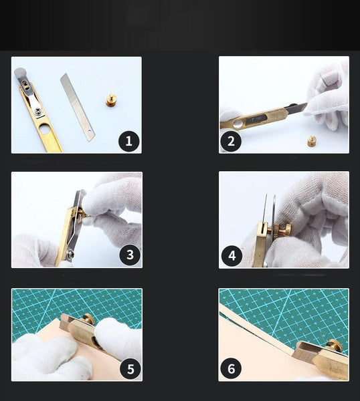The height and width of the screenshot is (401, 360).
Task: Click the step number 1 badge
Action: click(128, 140)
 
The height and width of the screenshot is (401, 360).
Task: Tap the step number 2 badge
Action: click(231, 140)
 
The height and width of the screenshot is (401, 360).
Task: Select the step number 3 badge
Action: click(129, 255)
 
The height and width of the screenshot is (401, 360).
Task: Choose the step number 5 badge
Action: click(129, 368)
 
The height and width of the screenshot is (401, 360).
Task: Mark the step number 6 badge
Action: click(231, 368)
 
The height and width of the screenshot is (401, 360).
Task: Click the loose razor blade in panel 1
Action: click(77, 106)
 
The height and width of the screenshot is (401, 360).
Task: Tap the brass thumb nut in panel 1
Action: click(110, 101)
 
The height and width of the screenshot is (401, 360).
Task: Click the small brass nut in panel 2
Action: click(312, 140)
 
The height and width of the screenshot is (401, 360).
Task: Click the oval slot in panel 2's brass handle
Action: click(235, 124)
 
